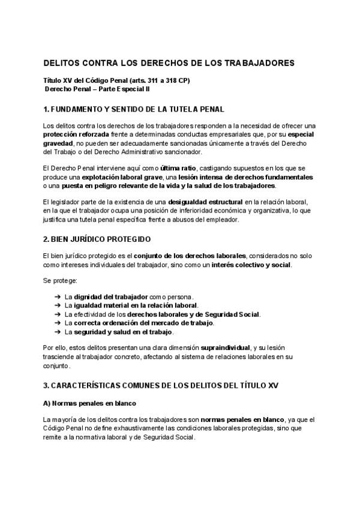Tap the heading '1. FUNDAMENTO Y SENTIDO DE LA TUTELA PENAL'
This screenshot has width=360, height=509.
[x=134, y=109]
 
